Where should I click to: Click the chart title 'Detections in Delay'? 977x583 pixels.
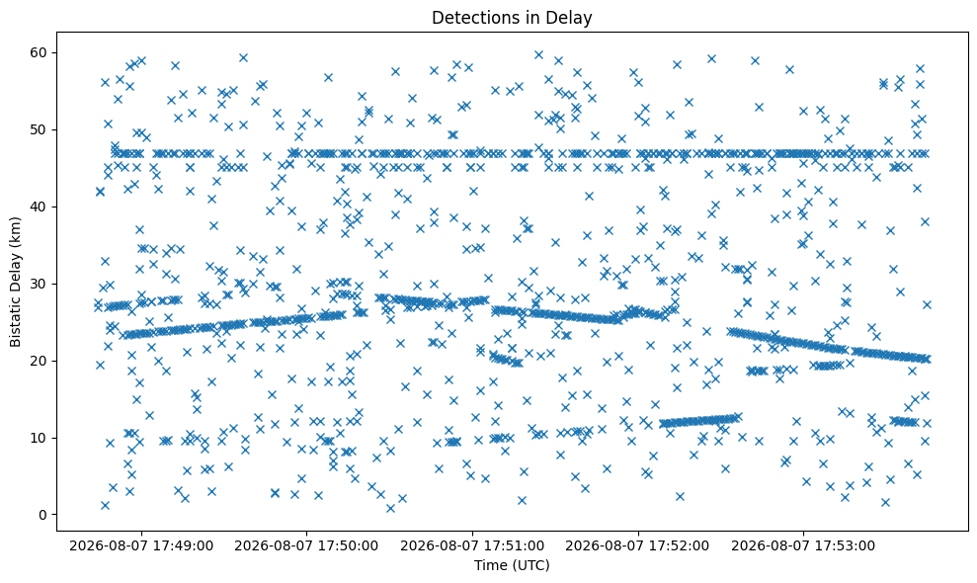pyautogui.click(x=512, y=18)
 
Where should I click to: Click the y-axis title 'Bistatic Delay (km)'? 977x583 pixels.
pyautogui.click(x=15, y=282)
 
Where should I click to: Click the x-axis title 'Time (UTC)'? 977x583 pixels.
pyautogui.click(x=512, y=565)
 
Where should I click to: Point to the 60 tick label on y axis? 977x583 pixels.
pyautogui.click(x=40, y=52)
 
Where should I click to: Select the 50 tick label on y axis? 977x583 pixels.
pyautogui.click(x=40, y=129)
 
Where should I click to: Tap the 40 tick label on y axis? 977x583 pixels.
pyautogui.click(x=40, y=207)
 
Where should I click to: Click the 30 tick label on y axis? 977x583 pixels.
pyautogui.click(x=40, y=284)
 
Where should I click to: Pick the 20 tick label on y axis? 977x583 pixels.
pyautogui.click(x=40, y=361)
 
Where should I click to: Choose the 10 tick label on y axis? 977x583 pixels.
pyautogui.click(x=40, y=438)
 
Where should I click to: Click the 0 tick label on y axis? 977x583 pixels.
pyautogui.click(x=43, y=515)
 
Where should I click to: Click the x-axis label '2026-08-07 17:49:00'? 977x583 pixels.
pyautogui.click(x=141, y=546)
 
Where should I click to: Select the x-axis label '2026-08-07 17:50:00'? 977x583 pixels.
pyautogui.click(x=306, y=546)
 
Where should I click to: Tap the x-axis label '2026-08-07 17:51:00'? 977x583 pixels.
pyautogui.click(x=472, y=546)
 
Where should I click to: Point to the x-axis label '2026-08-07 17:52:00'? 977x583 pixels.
pyautogui.click(x=637, y=546)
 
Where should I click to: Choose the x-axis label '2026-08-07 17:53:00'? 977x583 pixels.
pyautogui.click(x=803, y=546)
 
